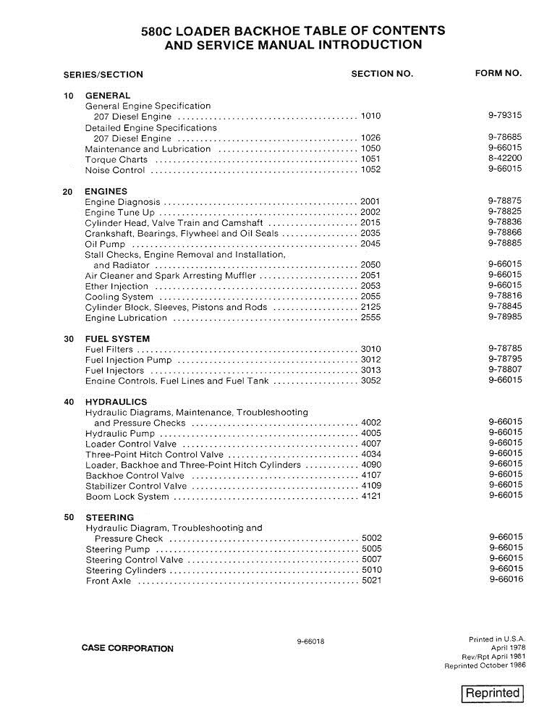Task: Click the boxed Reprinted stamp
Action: (x=492, y=693)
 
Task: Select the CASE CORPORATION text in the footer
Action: (x=127, y=648)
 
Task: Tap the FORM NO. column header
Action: (x=498, y=73)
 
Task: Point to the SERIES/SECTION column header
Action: (x=103, y=74)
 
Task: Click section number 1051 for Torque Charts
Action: (x=370, y=159)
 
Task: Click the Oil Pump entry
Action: (x=106, y=245)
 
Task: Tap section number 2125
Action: (x=370, y=307)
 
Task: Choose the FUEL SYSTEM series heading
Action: (x=117, y=339)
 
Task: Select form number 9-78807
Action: (x=505, y=369)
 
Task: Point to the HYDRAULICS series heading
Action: (x=116, y=402)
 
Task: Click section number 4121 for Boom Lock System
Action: (x=370, y=497)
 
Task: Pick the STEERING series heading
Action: (x=109, y=518)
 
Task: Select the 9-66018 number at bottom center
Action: (x=310, y=641)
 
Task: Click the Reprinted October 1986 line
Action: (x=485, y=665)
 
